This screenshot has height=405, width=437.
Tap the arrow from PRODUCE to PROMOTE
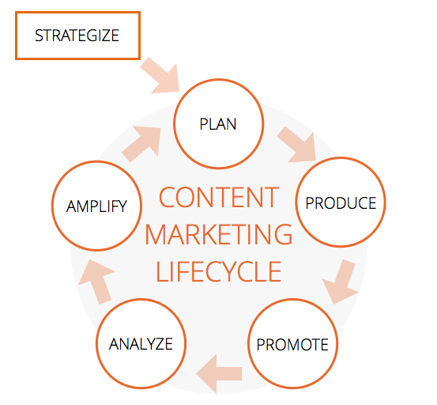click(341, 282)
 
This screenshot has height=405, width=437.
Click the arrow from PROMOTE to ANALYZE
click(219, 373)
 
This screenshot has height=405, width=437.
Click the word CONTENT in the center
click(219, 197)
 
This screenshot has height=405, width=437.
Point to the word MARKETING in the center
click(219, 234)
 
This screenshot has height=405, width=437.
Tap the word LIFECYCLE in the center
click(219, 271)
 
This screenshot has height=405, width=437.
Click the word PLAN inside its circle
click(218, 124)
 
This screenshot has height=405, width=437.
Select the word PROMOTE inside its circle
click(292, 344)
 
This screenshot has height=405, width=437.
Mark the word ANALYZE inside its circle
click(141, 344)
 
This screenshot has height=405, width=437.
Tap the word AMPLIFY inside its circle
click(96, 206)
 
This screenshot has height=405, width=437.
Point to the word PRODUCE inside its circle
click(341, 203)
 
